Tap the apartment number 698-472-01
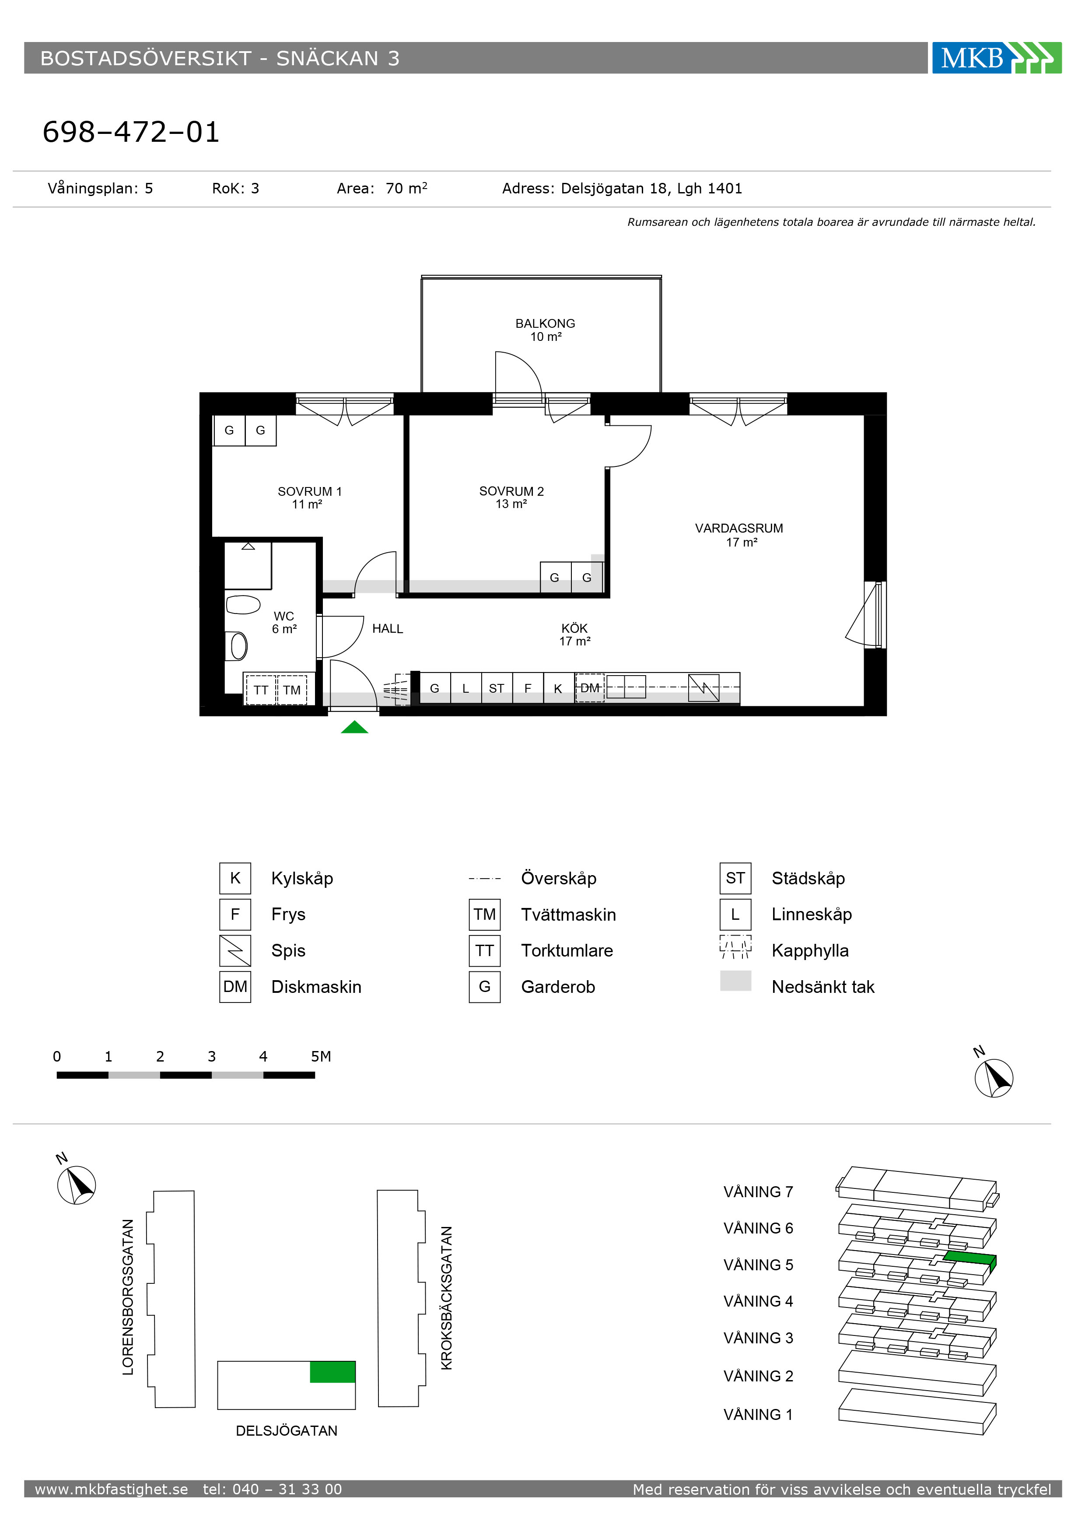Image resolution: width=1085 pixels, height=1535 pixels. point(131,132)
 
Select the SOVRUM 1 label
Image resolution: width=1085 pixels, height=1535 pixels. point(309,491)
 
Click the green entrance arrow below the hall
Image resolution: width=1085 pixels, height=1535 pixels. point(354,727)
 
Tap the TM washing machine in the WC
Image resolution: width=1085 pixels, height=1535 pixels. point(291,690)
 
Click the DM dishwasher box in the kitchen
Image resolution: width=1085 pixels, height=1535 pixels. point(590,688)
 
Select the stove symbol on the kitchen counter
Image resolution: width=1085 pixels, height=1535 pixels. point(704,688)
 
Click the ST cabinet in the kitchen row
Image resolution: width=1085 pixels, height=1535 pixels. point(496,688)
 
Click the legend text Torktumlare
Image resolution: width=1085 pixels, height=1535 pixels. point(567,951)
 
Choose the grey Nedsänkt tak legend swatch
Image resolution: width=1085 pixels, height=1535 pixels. point(735,981)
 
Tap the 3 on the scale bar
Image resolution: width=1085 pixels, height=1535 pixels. point(212,1056)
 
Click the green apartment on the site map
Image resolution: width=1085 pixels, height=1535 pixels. point(332,1372)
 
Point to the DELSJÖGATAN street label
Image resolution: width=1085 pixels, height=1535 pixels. point(287,1431)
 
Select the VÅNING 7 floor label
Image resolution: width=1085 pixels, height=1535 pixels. point(758,1192)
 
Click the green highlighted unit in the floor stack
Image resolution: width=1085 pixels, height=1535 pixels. point(971,1260)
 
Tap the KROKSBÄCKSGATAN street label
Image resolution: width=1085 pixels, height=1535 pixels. point(447,1298)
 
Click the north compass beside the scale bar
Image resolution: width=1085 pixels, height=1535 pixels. point(994,1078)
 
